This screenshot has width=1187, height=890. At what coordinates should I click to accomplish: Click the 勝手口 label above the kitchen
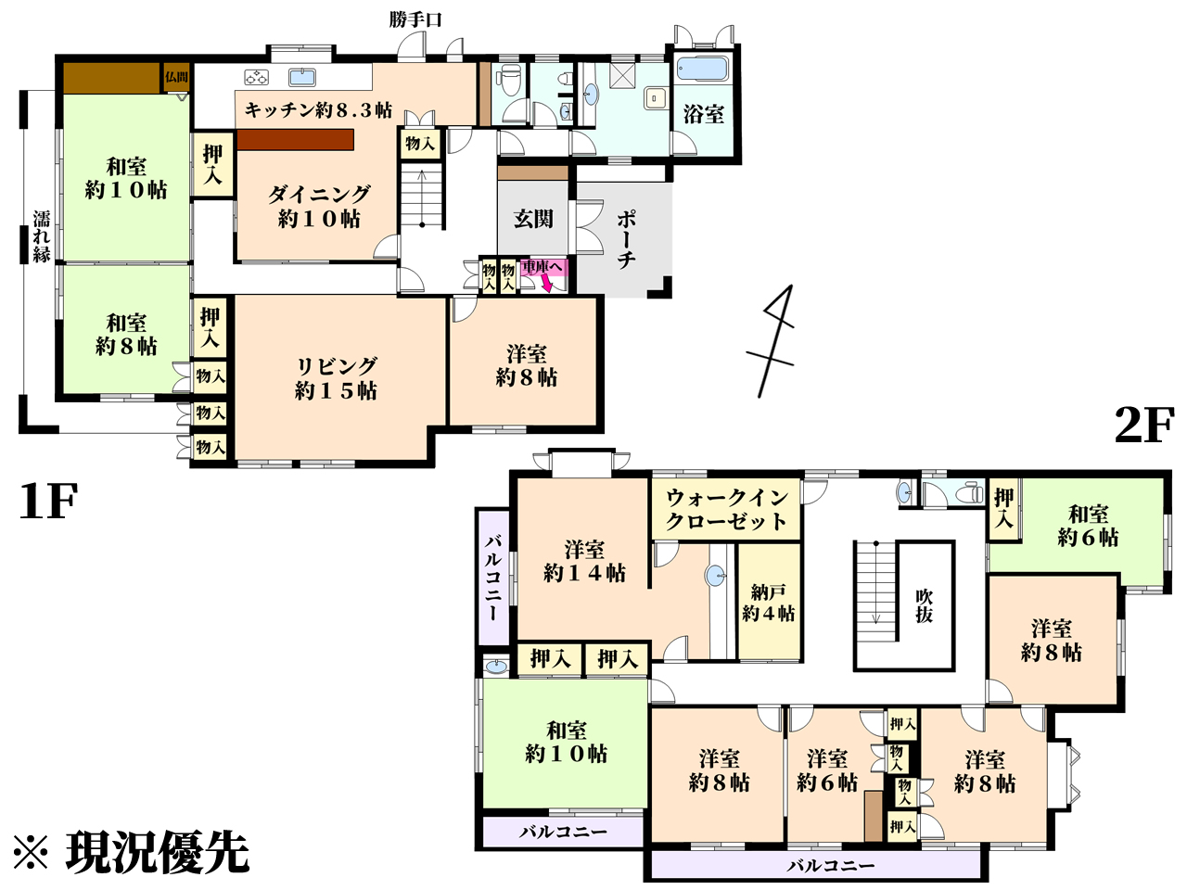pyautogui.click(x=415, y=20)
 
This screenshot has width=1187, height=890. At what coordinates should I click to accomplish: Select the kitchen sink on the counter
pyautogui.click(x=302, y=77)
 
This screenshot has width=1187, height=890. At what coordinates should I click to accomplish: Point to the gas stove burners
pyautogui.click(x=256, y=77)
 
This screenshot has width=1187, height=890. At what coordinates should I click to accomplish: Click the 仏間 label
pyautogui.click(x=177, y=77)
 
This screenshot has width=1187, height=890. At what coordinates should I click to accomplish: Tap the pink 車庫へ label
pyautogui.click(x=542, y=267)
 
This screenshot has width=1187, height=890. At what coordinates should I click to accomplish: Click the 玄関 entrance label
pyautogui.click(x=533, y=219)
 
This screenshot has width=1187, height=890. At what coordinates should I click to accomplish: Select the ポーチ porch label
pyautogui.click(x=626, y=240)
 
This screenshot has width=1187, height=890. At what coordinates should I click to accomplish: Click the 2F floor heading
pyautogui.click(x=1143, y=426)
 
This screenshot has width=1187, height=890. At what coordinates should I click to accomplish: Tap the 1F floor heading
pyautogui.click(x=48, y=501)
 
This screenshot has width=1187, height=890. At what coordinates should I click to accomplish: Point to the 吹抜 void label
pyautogui.click(x=924, y=606)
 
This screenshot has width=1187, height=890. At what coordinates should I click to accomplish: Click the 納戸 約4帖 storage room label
pyautogui.click(x=769, y=603)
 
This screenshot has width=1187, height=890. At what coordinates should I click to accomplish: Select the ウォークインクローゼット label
pyautogui.click(x=726, y=509)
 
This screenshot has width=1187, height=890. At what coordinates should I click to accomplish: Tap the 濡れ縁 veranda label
pyautogui.click(x=42, y=236)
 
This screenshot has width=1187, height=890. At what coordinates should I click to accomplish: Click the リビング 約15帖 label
pyautogui.click(x=336, y=377)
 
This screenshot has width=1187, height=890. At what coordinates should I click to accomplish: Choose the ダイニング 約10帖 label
pyautogui.click(x=319, y=207)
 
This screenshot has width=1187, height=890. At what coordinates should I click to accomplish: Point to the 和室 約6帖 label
pyautogui.click(x=1088, y=526)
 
